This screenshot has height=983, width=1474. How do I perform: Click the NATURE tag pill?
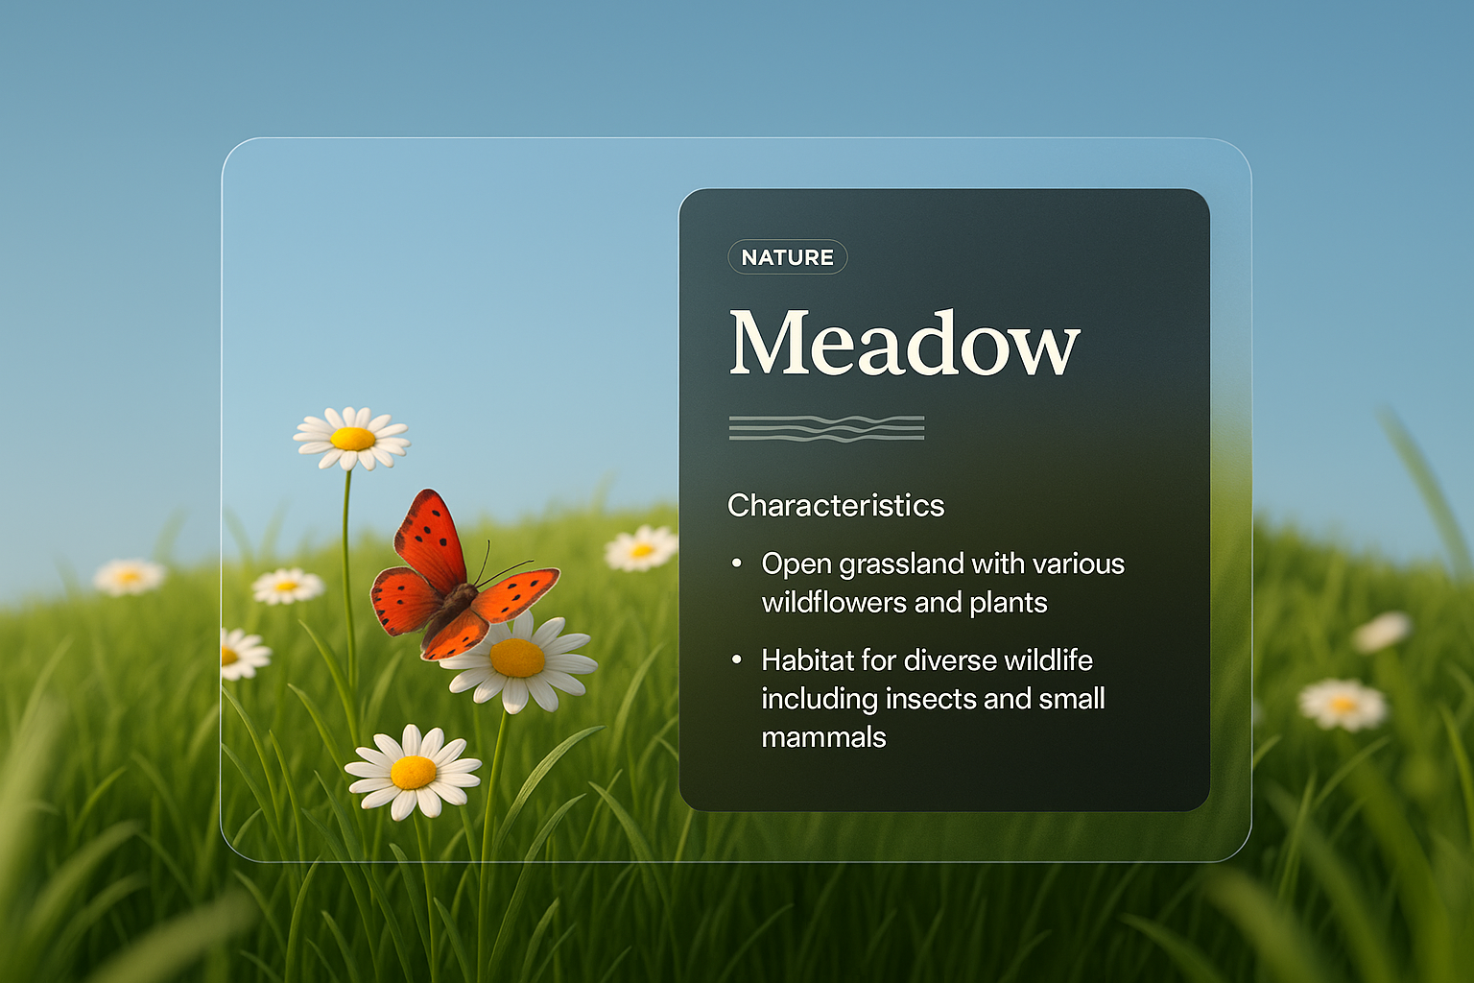787,257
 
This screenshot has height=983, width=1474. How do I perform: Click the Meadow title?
904,344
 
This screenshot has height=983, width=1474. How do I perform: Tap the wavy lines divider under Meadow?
826,428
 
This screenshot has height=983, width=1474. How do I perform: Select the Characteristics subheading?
836,505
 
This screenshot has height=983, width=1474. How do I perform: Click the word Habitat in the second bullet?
806,660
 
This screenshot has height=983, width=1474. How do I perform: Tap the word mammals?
823,737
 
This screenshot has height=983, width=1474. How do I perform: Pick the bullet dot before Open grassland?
737,563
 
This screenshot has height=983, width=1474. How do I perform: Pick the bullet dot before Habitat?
737,659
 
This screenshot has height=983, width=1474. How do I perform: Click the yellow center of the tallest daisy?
352,439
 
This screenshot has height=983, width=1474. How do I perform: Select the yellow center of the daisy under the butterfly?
517,659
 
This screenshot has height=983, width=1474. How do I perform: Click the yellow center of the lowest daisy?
414,772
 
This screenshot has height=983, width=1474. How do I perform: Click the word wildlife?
1048,660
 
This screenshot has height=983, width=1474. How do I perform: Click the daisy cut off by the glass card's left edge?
240,655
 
